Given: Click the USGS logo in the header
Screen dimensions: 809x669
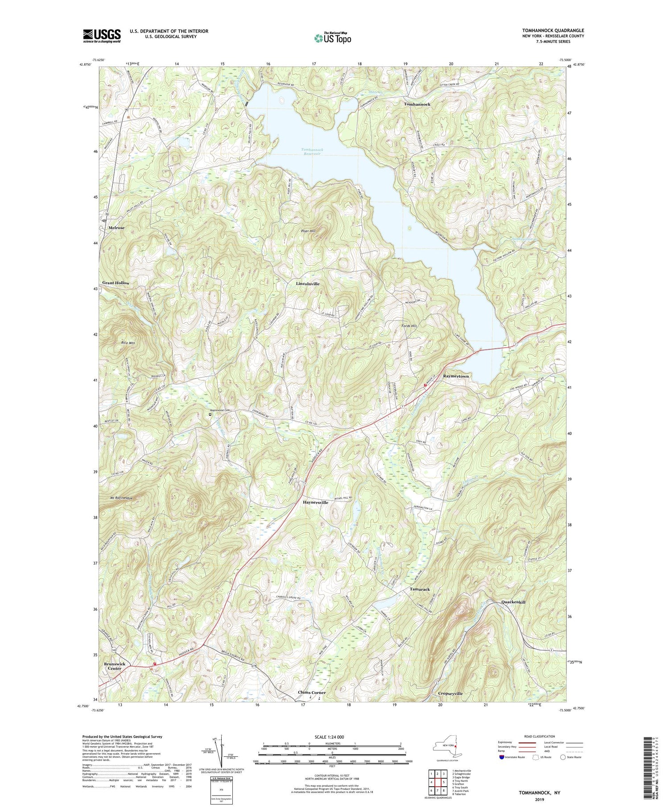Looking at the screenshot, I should coord(102,36).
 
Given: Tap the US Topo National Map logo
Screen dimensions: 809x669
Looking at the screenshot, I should coord(332,38).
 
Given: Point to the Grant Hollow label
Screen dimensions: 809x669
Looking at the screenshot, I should coord(116,283).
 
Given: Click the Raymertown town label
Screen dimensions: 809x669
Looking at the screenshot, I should coord(455,376).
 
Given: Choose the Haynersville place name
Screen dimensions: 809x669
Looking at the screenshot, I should coord(315,502).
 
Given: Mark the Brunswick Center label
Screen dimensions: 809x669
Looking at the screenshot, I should coord(115,666).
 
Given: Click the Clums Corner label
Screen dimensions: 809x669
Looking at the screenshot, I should coord(312,693).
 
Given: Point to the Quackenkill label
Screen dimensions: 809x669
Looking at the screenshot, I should coord(513,602).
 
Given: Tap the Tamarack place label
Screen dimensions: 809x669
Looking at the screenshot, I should coord(420,589).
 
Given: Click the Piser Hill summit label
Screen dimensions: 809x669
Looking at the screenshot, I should coord(307,231).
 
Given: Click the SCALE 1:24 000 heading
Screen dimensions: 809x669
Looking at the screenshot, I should coord(332,737).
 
